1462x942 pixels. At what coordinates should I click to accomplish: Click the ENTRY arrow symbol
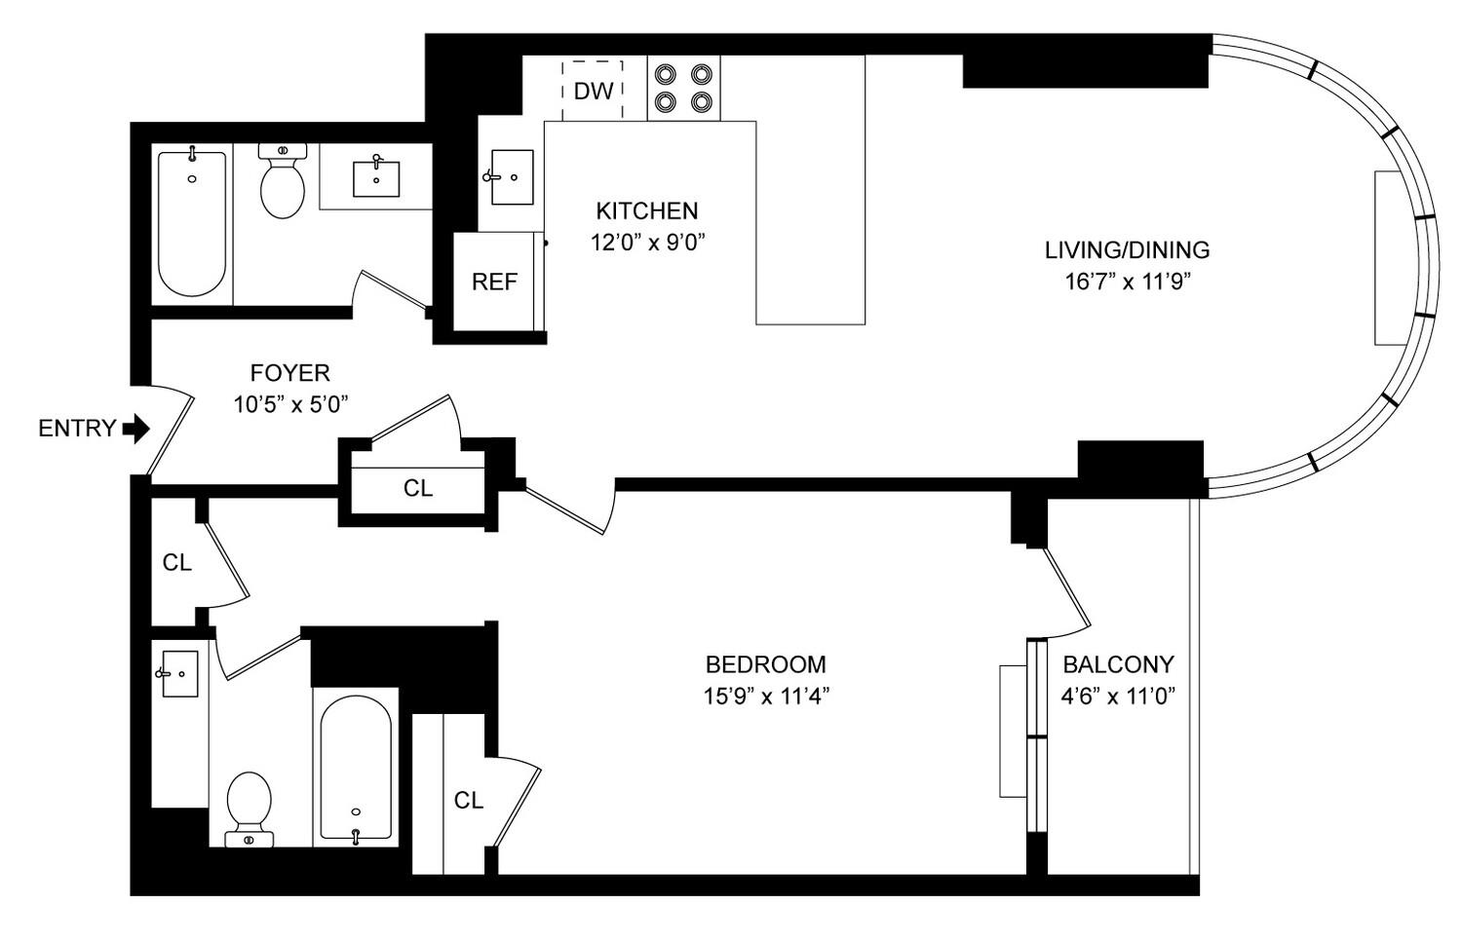click(136, 429)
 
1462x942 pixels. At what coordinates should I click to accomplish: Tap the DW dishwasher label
click(594, 92)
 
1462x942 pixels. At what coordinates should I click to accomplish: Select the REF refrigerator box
click(494, 283)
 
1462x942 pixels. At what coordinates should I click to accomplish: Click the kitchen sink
click(511, 177)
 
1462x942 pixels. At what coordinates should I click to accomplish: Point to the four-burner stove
click(683, 88)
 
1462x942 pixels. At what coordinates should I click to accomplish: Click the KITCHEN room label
click(647, 211)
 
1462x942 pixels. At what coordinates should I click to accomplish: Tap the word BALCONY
click(1118, 664)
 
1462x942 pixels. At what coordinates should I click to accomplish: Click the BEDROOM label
click(765, 664)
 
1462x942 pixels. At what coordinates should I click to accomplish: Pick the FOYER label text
click(290, 373)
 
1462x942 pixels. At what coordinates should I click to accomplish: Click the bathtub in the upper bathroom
click(192, 223)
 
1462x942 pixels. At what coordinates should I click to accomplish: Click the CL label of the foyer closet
click(418, 488)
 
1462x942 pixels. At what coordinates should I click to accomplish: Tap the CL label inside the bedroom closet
click(469, 800)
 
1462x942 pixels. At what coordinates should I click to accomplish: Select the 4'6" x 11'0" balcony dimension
click(1118, 697)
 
